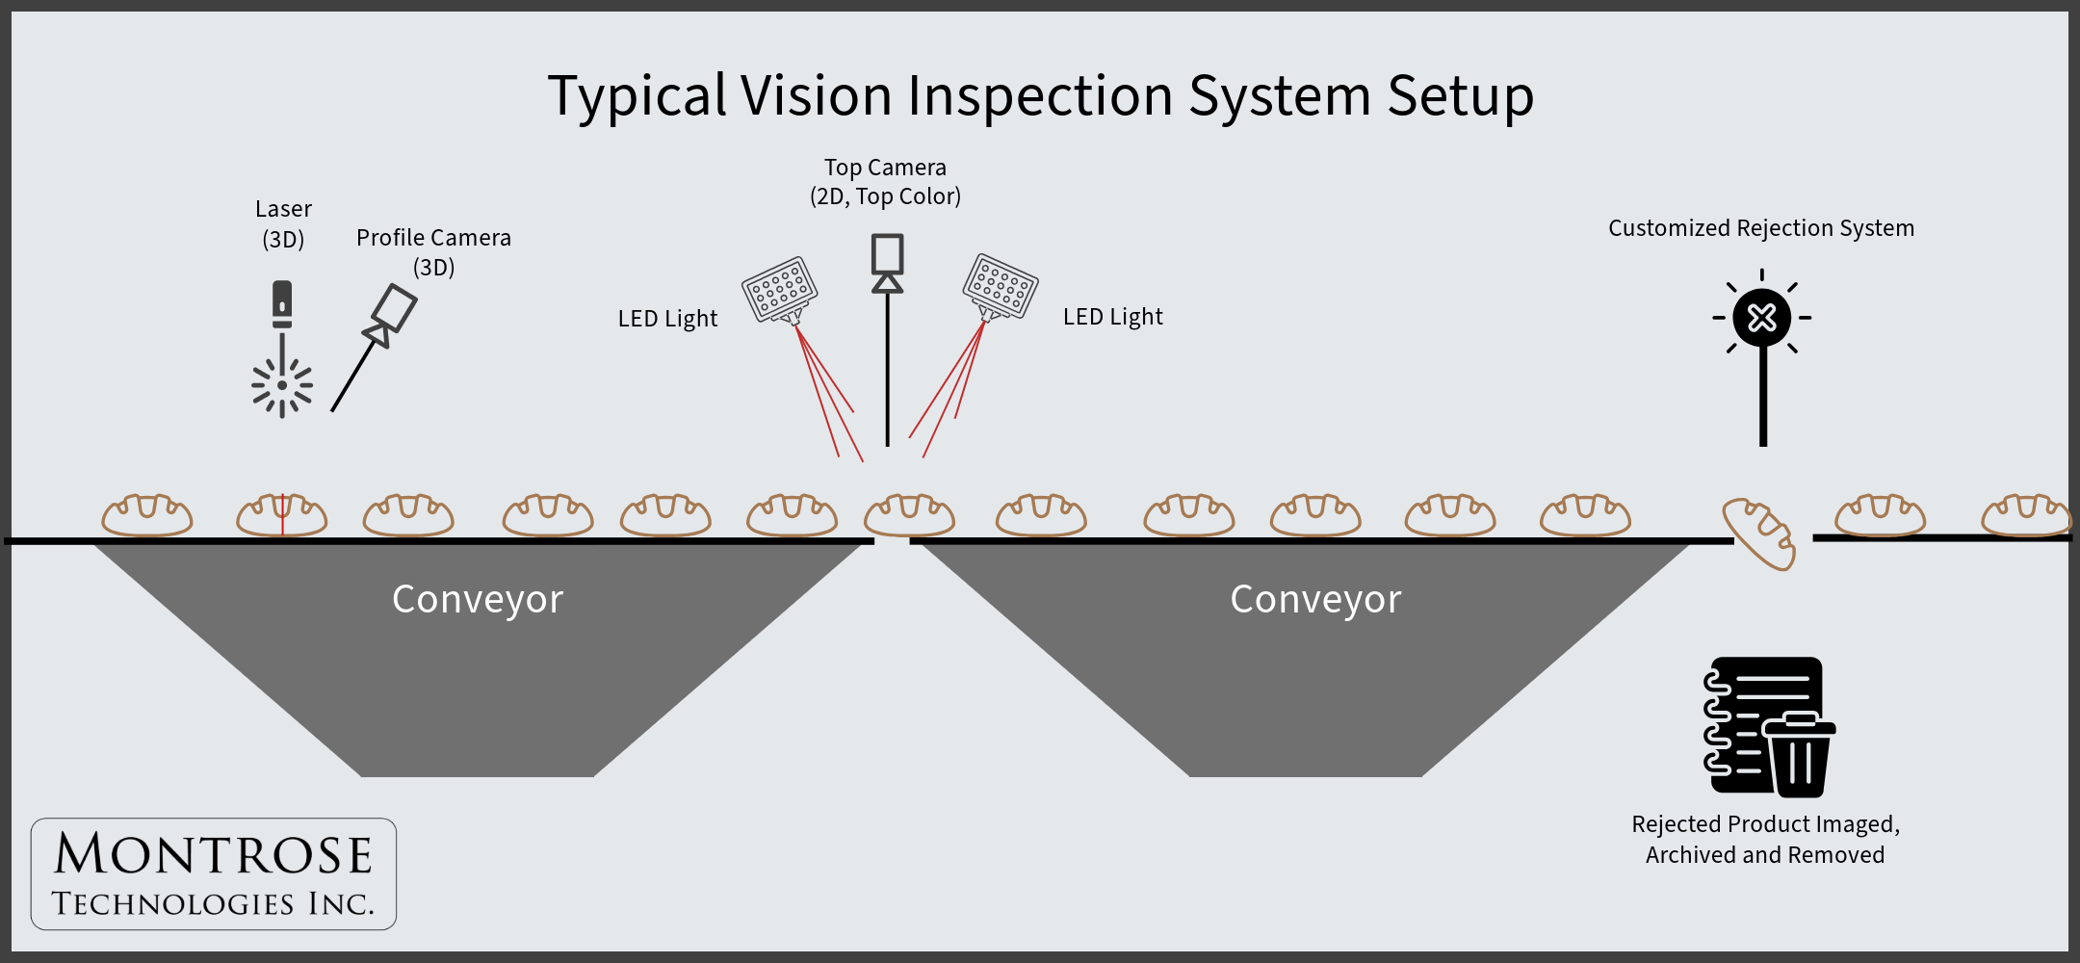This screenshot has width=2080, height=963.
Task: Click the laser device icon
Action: click(x=282, y=303)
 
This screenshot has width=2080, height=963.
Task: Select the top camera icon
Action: click(x=887, y=262)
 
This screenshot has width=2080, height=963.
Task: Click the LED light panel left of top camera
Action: click(x=780, y=289)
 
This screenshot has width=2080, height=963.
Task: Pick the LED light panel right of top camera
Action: click(x=1001, y=286)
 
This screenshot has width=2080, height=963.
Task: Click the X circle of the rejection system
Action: click(x=1762, y=317)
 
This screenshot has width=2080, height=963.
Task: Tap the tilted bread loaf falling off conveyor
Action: click(x=1759, y=534)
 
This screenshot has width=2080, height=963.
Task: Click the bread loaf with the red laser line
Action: click(x=282, y=515)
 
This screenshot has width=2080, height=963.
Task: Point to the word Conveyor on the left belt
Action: click(x=478, y=599)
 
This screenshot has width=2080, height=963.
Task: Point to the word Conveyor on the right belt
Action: click(x=1315, y=599)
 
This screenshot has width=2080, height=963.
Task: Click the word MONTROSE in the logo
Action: click(x=213, y=854)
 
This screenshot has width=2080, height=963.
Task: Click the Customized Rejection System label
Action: click(x=1761, y=228)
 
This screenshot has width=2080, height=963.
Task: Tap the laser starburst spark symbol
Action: click(x=282, y=386)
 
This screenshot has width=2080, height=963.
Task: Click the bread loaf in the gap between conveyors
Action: click(x=909, y=515)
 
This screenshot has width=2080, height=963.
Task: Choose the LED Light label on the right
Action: click(x=1112, y=317)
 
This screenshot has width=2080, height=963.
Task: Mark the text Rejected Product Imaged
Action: click(x=1765, y=824)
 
